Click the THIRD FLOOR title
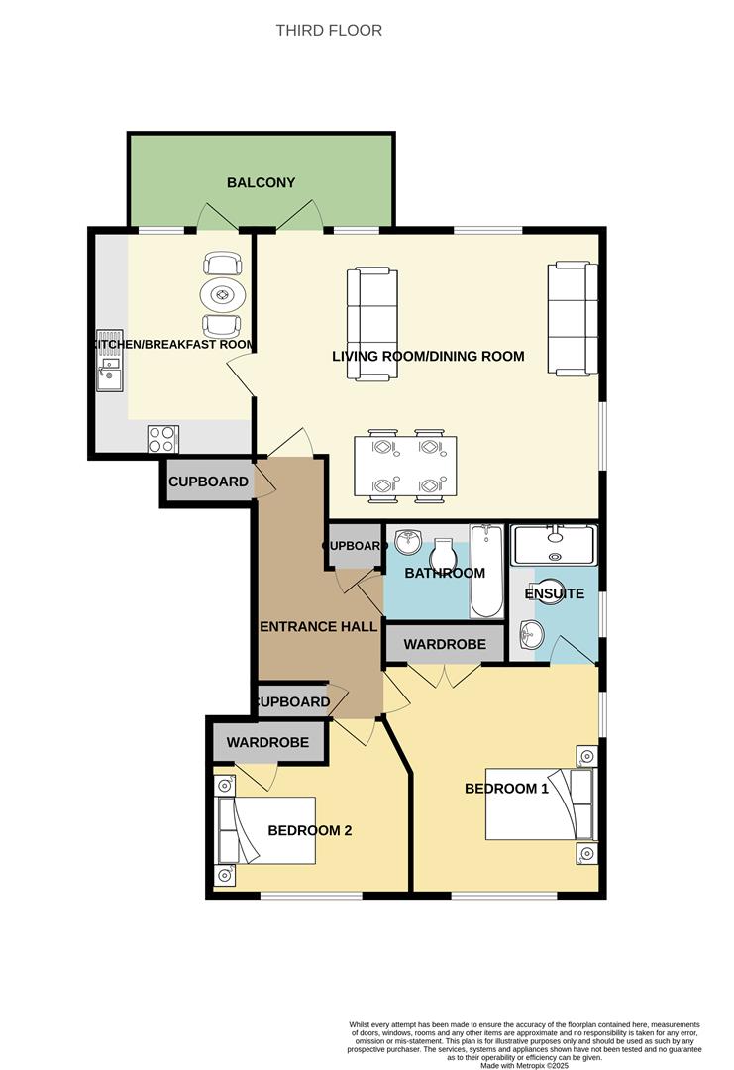(x=329, y=31)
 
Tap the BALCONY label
(x=261, y=182)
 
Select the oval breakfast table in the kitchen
(x=222, y=294)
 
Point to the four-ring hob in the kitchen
(x=162, y=438)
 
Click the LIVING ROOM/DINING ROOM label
(x=428, y=357)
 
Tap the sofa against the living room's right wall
(x=572, y=317)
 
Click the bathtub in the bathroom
(x=486, y=572)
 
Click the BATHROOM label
(x=446, y=574)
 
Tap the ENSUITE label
(x=554, y=594)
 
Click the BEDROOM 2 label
(x=310, y=830)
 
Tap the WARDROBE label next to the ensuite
(x=445, y=645)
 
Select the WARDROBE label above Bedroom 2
(x=267, y=742)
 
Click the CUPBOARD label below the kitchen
(x=208, y=482)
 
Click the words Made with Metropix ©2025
(x=525, y=1065)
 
